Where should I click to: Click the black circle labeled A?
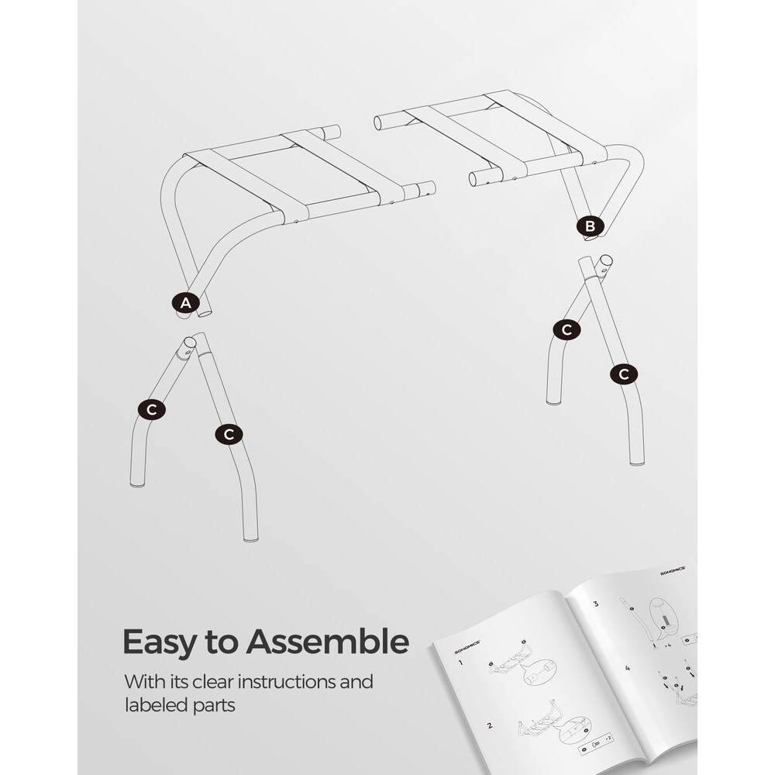[x=184, y=304]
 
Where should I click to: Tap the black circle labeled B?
[x=590, y=226]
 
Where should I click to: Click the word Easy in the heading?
[x=160, y=643]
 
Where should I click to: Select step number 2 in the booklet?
[x=489, y=726]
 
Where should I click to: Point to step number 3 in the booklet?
[x=595, y=604]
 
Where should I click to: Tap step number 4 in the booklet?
[x=628, y=667]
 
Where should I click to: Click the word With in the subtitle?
[x=143, y=683]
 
